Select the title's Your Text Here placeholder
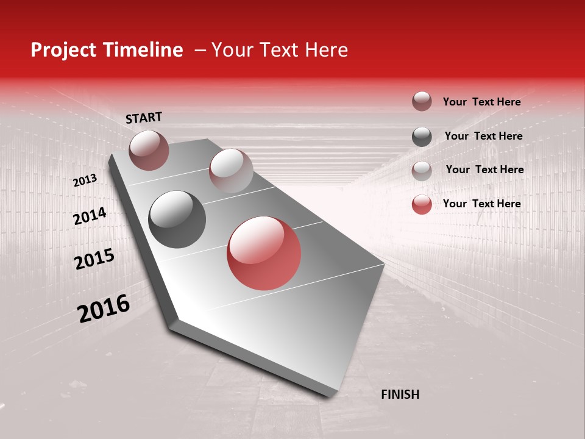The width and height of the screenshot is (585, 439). pyautogui.click(x=280, y=50)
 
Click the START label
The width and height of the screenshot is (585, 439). pyautogui.click(x=144, y=118)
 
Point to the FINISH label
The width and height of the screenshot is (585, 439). pyautogui.click(x=400, y=394)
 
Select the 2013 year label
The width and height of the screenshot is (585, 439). pyautogui.click(x=85, y=180)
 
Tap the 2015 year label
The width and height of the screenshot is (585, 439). pyautogui.click(x=94, y=259)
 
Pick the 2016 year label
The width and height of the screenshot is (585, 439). pyautogui.click(x=104, y=309)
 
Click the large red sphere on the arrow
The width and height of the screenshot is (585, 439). pyautogui.click(x=264, y=253)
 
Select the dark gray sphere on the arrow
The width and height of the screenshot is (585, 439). pyautogui.click(x=177, y=219)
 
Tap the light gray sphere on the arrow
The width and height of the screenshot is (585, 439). pyautogui.click(x=231, y=170)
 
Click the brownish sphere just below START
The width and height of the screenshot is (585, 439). pyautogui.click(x=149, y=150)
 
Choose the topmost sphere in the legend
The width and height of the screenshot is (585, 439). pyautogui.click(x=422, y=101)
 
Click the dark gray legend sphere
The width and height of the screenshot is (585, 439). pyautogui.click(x=422, y=137)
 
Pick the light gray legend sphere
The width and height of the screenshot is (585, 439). pyautogui.click(x=422, y=171)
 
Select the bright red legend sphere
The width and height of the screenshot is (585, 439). pyautogui.click(x=422, y=204)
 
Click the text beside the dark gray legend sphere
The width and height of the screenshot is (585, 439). pyautogui.click(x=483, y=136)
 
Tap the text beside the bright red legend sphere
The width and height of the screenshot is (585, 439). pyautogui.click(x=481, y=204)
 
